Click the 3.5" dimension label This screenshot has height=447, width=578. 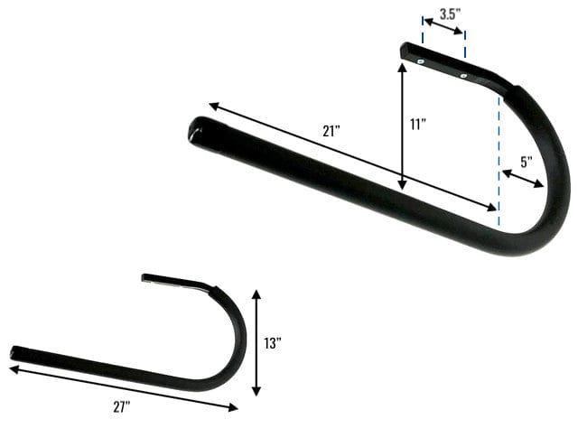[451, 14]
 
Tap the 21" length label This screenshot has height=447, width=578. [331, 130]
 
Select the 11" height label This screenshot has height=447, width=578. [416, 126]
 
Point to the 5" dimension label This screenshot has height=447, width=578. [527, 163]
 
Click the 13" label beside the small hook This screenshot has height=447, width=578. [274, 343]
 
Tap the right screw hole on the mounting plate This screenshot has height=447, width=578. [461, 77]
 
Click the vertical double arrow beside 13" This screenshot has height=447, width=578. [257, 342]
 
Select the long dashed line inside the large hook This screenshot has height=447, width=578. [499, 154]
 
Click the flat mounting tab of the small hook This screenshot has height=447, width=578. [176, 281]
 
